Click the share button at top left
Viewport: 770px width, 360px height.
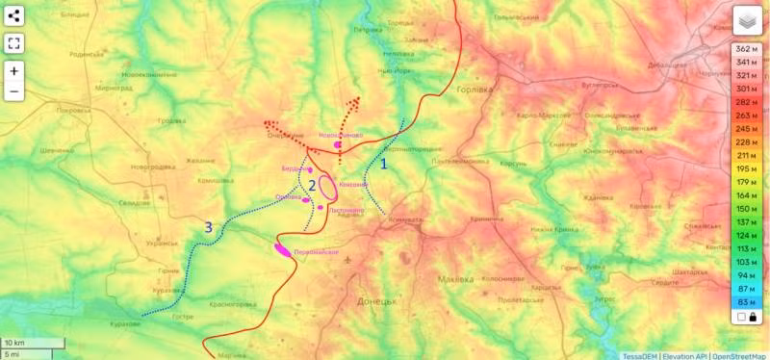coord(14,15)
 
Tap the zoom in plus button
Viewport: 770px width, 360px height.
coord(14,70)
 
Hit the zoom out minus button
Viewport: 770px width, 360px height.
coord(14,92)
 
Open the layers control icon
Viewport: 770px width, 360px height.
coord(747,20)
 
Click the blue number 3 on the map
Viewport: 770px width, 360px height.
coord(207,227)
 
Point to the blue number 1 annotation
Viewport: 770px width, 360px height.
coord(384,164)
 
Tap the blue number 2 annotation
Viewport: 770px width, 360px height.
coord(311,185)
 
